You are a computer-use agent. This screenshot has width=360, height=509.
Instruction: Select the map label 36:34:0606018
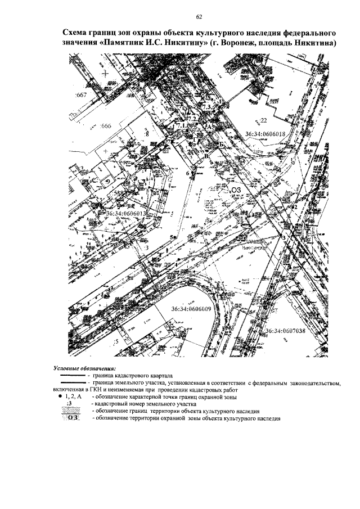point(267,134)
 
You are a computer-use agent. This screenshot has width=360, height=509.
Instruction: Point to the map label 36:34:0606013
point(126,214)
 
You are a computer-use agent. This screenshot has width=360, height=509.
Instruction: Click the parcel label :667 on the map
point(80,95)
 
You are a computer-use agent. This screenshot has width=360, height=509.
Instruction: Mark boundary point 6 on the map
point(188,174)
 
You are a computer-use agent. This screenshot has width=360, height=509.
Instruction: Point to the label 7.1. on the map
point(181,125)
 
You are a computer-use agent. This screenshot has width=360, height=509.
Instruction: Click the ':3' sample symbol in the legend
point(70,404)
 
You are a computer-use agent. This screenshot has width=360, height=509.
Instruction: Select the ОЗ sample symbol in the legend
point(71,418)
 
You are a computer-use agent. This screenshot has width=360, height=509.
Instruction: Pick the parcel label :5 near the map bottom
point(116,341)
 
